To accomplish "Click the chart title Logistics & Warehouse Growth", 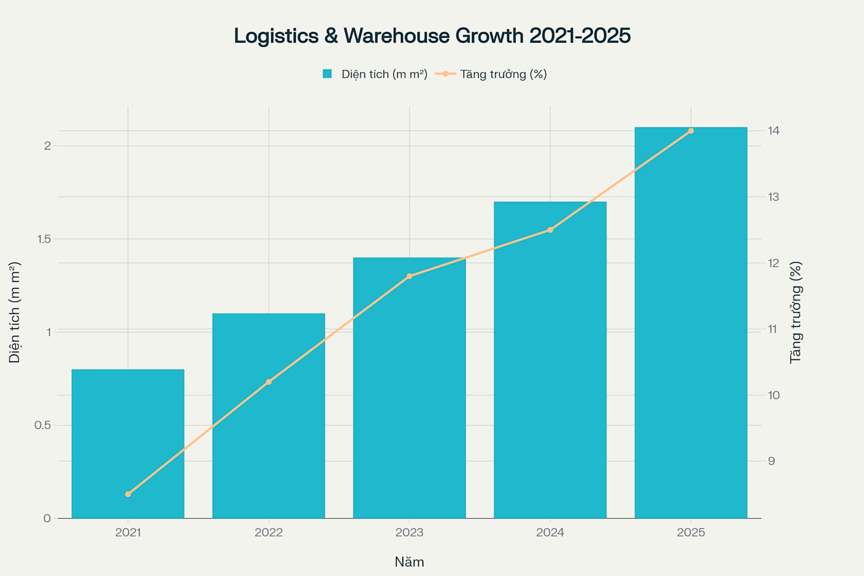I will click(x=432, y=35).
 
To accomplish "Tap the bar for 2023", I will click(x=409, y=388).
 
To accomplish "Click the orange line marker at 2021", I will click(x=128, y=494).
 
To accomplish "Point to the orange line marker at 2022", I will click(x=268, y=382).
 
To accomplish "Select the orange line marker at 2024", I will click(x=550, y=229).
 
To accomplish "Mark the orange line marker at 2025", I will click(x=691, y=131).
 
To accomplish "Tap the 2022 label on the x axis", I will click(x=268, y=532).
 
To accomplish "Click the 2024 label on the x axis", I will click(x=550, y=532).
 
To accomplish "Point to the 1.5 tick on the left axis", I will click(x=44, y=239).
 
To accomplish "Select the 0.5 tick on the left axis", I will click(x=43, y=425).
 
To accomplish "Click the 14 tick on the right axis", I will click(x=774, y=130).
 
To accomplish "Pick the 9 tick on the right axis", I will click(x=771, y=461).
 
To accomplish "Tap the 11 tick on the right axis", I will click(x=773, y=329).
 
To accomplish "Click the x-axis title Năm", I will click(x=409, y=562).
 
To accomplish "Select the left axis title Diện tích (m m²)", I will click(x=15, y=312).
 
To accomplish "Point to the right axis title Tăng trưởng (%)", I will click(x=795, y=312).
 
